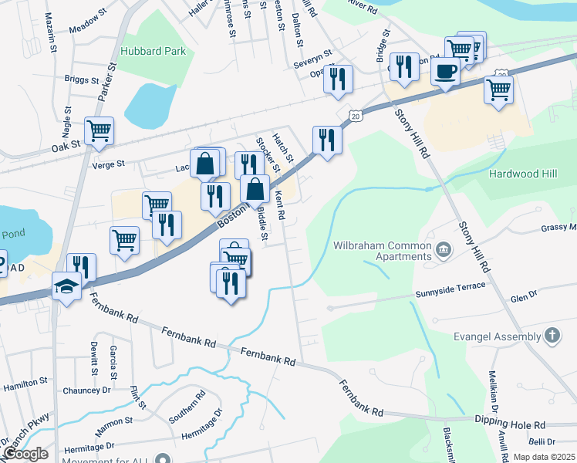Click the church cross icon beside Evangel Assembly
(x=552, y=336)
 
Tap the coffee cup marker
(x=445, y=73)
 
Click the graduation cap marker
(x=67, y=286)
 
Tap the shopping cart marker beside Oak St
(x=99, y=131)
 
